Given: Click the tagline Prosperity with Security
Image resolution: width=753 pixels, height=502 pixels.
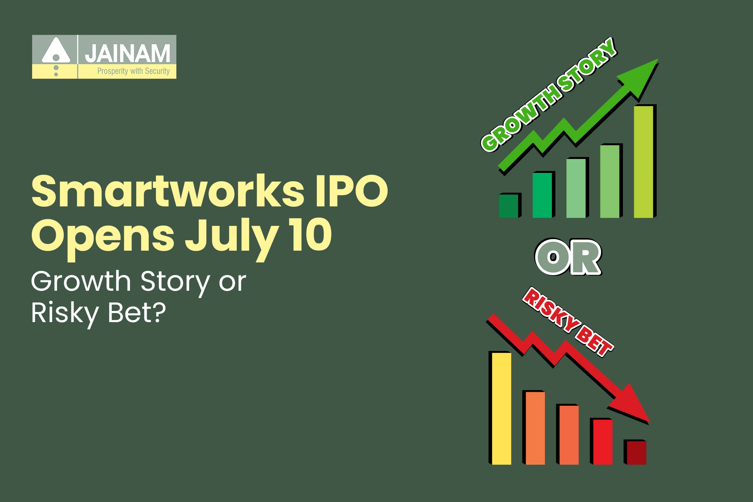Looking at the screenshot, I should (x=133, y=71).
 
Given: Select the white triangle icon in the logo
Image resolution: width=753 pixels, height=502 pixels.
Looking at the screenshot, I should (x=56, y=51).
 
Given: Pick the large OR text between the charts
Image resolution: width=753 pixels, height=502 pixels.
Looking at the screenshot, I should (x=568, y=257).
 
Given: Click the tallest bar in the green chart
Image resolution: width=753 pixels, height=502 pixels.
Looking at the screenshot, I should (x=643, y=162).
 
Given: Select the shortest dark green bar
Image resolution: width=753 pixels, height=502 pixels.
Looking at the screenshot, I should (x=509, y=206).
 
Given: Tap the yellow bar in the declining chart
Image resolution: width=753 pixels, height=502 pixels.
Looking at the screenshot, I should (x=501, y=408).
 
